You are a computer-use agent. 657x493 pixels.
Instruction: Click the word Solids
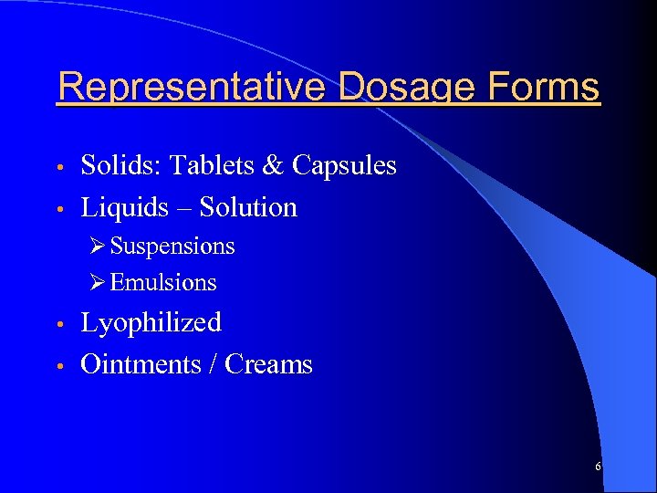[x=114, y=165]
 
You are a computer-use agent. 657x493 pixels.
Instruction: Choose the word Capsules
[x=344, y=167]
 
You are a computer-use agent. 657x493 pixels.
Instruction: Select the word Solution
[x=248, y=207]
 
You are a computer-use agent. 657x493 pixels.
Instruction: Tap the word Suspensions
[x=172, y=247]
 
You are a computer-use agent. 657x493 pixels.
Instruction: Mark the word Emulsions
[x=163, y=283]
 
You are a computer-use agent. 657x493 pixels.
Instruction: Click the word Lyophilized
[x=151, y=324]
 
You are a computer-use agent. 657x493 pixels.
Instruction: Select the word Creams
[x=268, y=364]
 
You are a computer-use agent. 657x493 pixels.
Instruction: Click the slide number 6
[x=598, y=467]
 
